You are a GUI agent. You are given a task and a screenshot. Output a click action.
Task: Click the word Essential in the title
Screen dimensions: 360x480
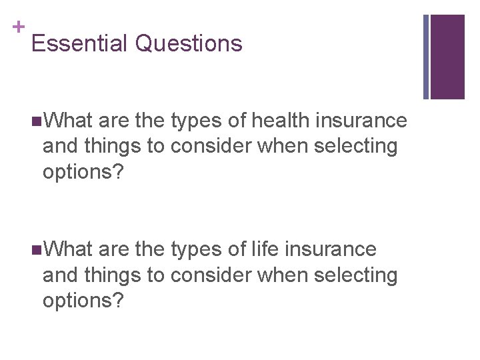click(x=79, y=43)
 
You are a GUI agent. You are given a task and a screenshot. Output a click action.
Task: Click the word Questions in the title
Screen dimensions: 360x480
click(x=189, y=43)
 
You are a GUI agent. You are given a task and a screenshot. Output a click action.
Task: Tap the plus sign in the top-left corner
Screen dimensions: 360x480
click(x=19, y=27)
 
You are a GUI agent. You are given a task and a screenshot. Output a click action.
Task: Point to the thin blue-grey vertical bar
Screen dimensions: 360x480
click(x=426, y=57)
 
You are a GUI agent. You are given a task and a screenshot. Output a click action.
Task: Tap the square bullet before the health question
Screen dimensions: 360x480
click(x=35, y=121)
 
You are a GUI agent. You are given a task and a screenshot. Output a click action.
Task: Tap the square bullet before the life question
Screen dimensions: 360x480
click(x=35, y=249)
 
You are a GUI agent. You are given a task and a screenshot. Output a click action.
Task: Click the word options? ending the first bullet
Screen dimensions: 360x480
click(x=83, y=172)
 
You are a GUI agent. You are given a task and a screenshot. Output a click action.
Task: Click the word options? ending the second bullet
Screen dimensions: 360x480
click(x=83, y=300)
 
